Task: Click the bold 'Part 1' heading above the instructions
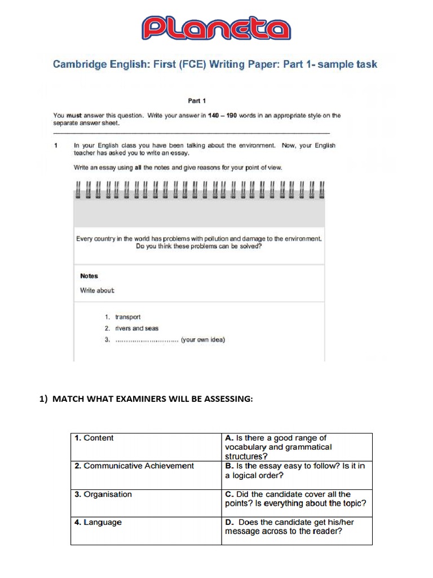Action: [197, 101]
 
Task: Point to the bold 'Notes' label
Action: [89, 276]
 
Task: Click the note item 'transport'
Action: [127, 317]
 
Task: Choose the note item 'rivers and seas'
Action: [136, 329]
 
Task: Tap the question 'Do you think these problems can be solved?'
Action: [199, 247]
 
